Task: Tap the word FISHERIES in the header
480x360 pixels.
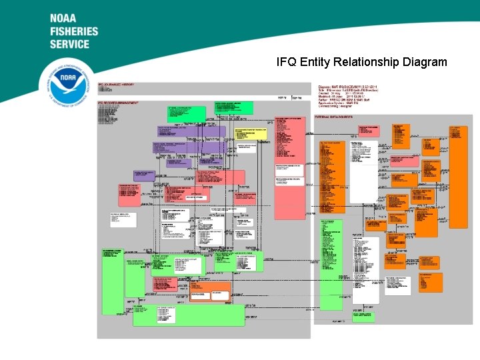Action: tap(74, 31)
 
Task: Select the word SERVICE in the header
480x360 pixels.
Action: tap(69, 44)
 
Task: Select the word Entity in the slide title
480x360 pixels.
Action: tap(315, 62)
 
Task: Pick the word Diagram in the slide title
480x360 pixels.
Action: tap(425, 62)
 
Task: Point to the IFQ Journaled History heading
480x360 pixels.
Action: tap(117, 85)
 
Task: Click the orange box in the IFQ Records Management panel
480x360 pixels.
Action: tap(210, 291)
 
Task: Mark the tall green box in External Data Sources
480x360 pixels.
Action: tap(331, 263)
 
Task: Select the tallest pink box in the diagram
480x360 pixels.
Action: tap(290, 167)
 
